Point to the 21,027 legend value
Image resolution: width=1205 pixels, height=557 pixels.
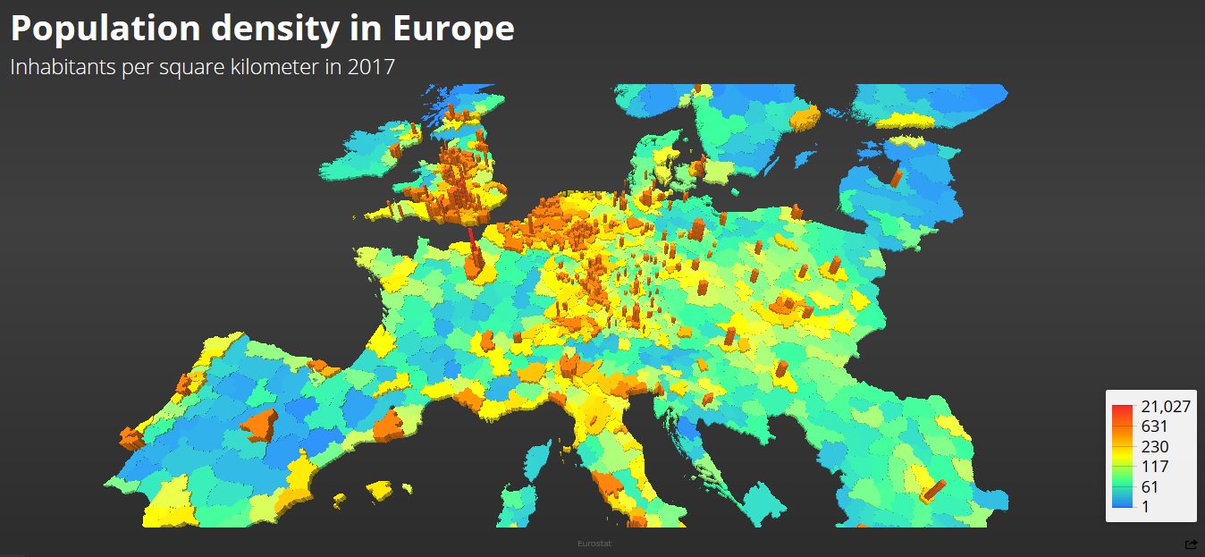coord(1166,407)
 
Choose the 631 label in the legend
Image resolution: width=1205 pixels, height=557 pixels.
coord(1154,426)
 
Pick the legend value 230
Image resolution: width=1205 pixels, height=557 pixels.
coord(1154,446)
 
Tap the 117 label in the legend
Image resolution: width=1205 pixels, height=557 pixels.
coord(1154,466)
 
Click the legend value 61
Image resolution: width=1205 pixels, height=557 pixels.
coord(1150,486)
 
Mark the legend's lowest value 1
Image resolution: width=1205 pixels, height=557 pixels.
coord(1145,506)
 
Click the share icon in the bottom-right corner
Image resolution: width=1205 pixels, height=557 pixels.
coord(1191,544)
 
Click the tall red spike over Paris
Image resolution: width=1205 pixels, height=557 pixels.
coord(471,240)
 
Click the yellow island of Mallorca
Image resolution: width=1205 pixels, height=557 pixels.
coord(379,490)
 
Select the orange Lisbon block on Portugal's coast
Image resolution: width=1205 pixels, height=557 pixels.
coord(131,438)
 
